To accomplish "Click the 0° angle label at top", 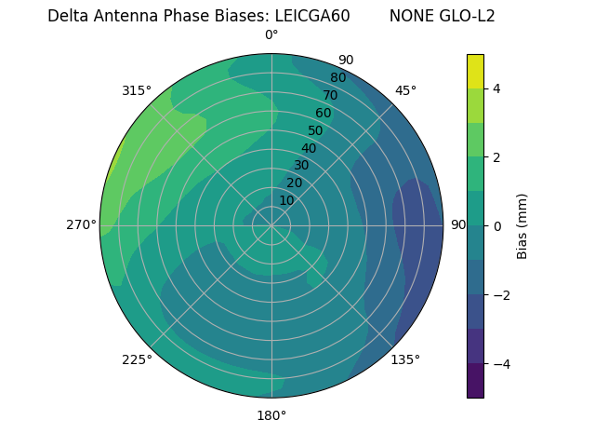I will pos(271,35).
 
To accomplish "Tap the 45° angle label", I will pos(405,90).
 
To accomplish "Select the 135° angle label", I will pos(405,359).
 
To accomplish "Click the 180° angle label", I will pos(271,415).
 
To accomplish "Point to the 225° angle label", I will pos(137,359).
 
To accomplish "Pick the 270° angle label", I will pos(81,224).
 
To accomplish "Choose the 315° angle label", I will pos(137,90).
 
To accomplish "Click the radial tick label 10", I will pos(287,200).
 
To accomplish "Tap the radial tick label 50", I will pos(316,130).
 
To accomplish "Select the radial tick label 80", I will pos(338,77).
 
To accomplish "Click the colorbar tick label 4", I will pos(497,88).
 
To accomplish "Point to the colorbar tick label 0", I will pos(497,225).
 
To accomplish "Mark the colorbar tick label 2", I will pos(497,157).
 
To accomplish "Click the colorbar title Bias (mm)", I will pos(522,225).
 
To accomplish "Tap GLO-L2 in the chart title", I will pos(469,16).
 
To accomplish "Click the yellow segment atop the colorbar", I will pos(475,71).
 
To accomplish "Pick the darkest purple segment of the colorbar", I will pos(475,381).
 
